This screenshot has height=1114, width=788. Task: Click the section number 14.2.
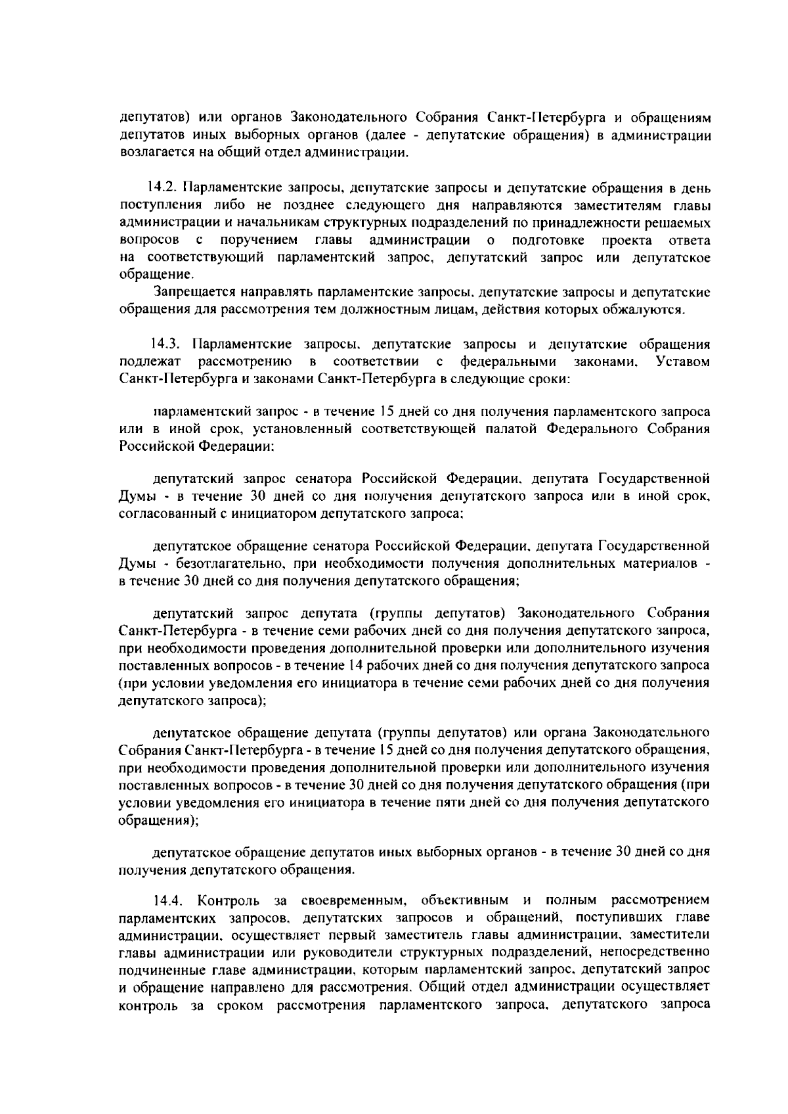click(x=163, y=190)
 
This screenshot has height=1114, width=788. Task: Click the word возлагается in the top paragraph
click(x=149, y=154)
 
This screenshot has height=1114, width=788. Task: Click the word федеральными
click(x=509, y=361)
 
